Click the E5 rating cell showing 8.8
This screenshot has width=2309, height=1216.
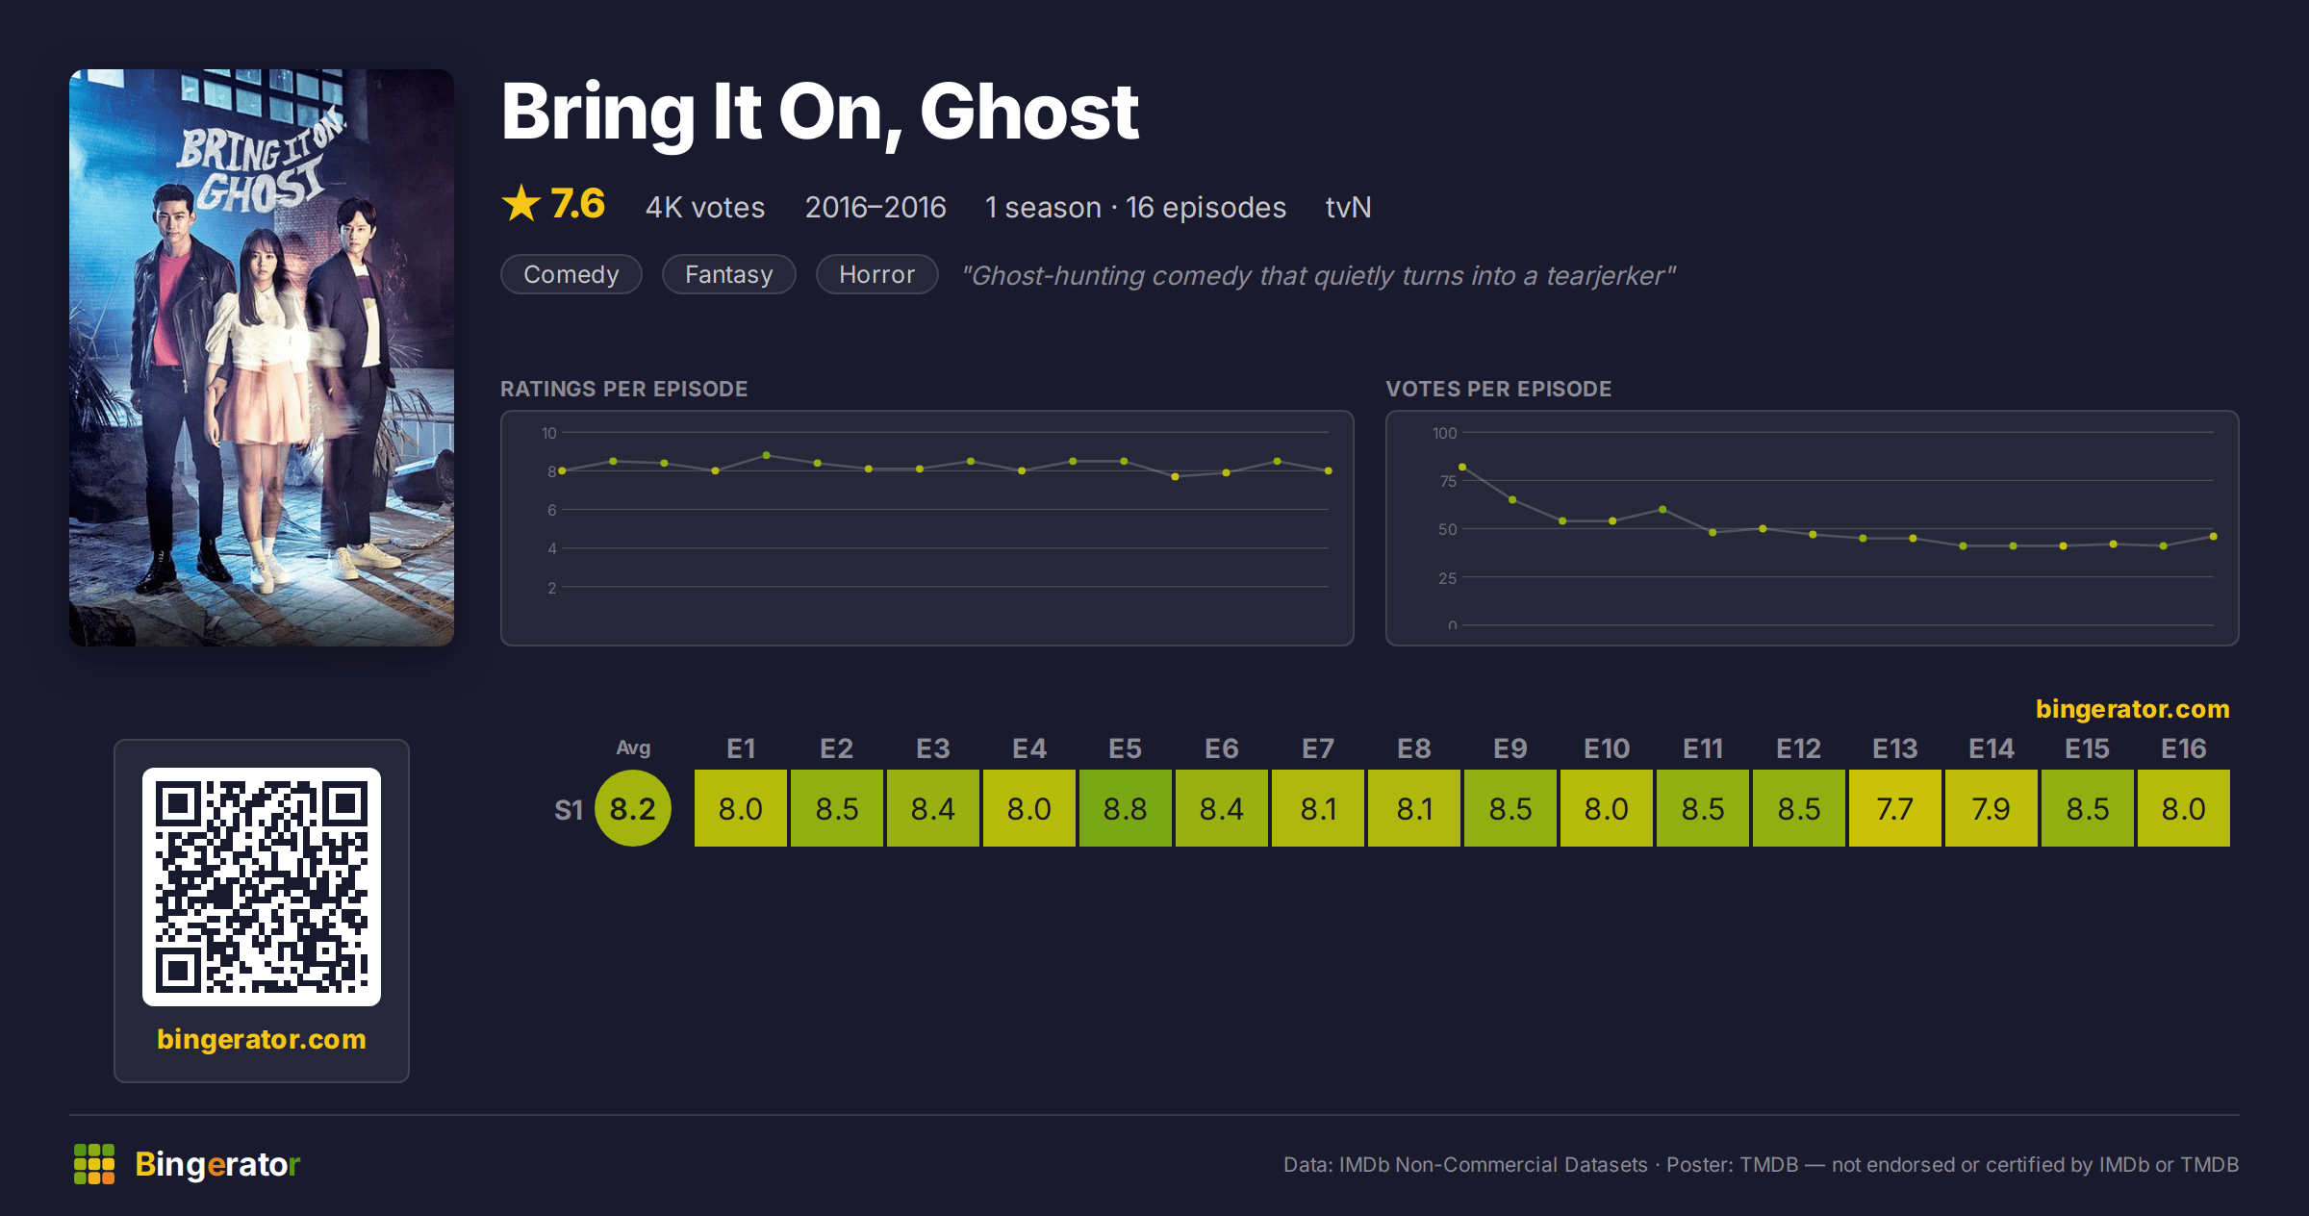pos(1126,808)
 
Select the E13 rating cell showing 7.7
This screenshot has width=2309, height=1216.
pos(1895,808)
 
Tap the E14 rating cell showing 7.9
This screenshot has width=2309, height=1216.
pos(1992,808)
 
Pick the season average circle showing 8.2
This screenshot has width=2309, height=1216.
pos(633,808)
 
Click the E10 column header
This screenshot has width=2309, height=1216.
pos(1607,748)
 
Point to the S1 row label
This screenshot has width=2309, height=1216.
pos(569,810)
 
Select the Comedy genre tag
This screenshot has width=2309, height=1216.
pos(571,274)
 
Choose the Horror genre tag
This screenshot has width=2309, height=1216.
pos(877,274)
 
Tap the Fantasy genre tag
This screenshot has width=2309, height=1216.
pos(729,274)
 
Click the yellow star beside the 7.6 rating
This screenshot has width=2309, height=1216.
pos(521,203)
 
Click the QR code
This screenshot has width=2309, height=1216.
pos(262,887)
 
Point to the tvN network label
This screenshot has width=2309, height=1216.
pos(1348,207)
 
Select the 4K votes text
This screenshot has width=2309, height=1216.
pos(705,207)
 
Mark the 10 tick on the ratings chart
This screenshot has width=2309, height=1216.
pos(549,433)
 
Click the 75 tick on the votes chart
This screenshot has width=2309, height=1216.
pos(1448,481)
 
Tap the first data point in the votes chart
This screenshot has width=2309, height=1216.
pos(1462,467)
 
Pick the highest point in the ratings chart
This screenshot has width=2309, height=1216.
pos(767,455)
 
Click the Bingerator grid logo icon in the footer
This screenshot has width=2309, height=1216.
pos(94,1164)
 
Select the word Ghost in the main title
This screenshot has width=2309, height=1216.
pos(1029,112)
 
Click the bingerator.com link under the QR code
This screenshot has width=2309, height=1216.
pos(262,1039)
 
